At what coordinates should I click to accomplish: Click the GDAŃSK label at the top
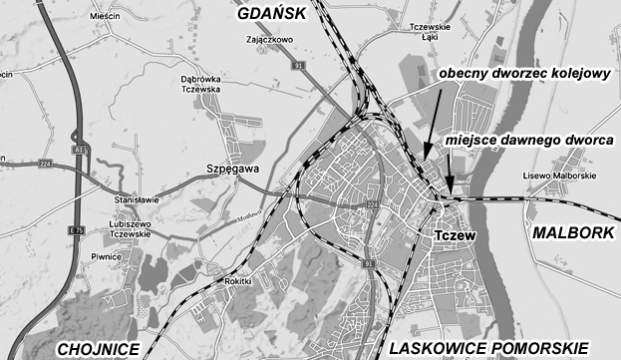point(277,15)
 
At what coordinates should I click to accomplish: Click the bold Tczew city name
point(457,234)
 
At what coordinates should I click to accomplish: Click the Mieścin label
point(104,17)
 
